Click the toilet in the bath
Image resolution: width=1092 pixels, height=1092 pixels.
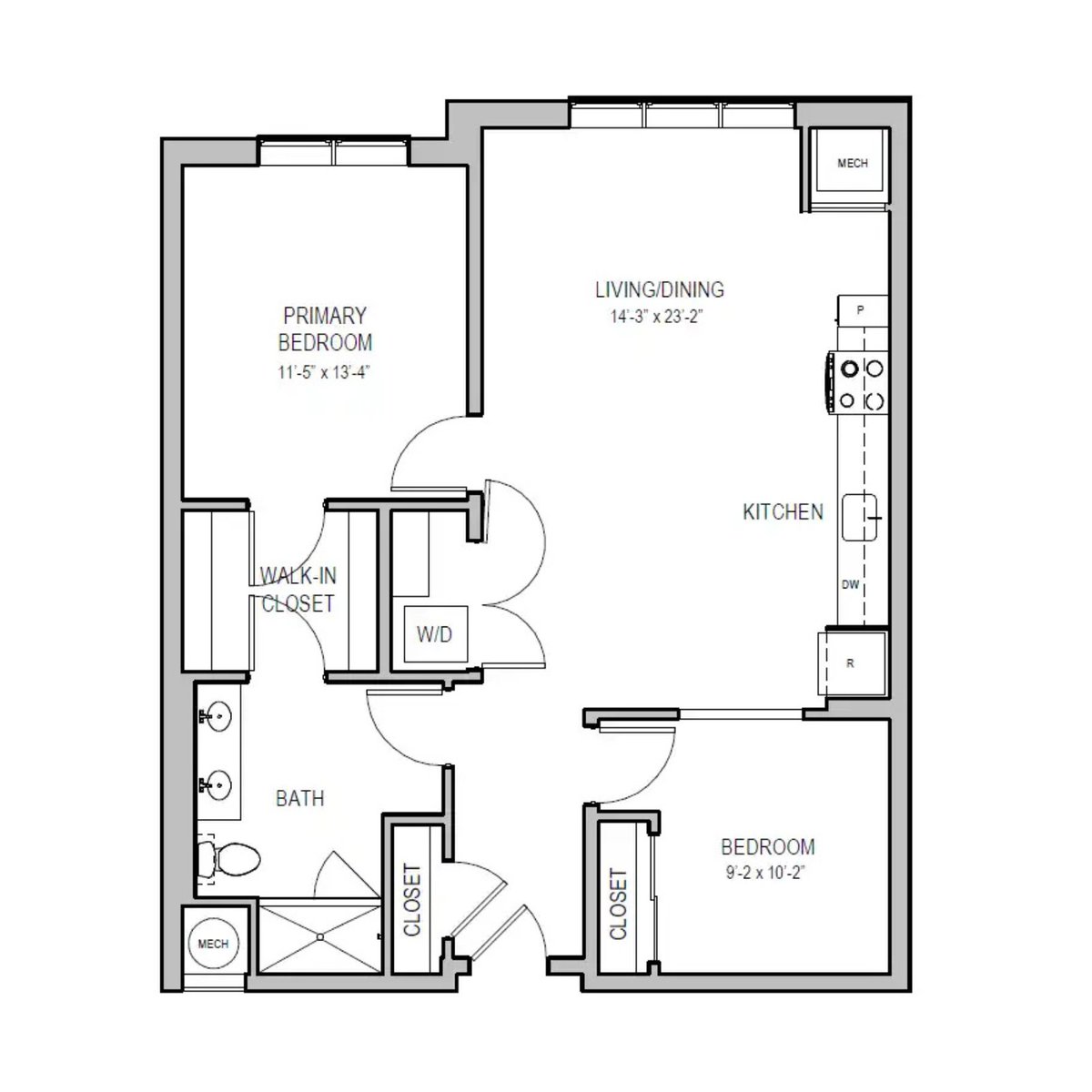pos(230,856)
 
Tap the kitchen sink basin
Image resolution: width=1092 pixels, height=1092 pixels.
pos(858,517)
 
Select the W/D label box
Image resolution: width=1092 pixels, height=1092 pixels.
pos(435,634)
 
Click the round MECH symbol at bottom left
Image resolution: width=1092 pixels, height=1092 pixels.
pos(214,944)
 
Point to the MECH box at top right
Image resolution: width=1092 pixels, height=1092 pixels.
pos(852,164)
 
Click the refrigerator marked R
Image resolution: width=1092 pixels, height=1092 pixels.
pos(850,663)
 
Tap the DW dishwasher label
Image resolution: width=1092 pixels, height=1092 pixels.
pos(850,585)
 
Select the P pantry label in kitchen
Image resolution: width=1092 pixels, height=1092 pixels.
pos(860,310)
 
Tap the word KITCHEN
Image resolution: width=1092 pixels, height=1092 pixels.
pos(783,512)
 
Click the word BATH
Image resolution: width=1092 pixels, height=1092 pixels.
pos(299,799)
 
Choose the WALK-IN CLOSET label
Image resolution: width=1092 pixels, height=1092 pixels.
pos(298,590)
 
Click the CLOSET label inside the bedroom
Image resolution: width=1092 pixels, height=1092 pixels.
pos(619,905)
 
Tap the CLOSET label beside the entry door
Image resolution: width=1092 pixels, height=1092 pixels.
pos(412,899)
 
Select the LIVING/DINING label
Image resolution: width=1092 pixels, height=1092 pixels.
pos(659,290)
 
